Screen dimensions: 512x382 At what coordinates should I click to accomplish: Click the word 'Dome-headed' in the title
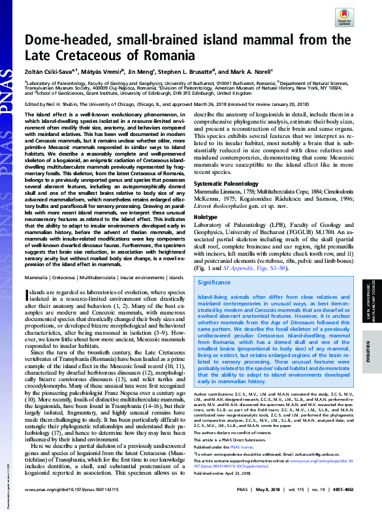(78, 41)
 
